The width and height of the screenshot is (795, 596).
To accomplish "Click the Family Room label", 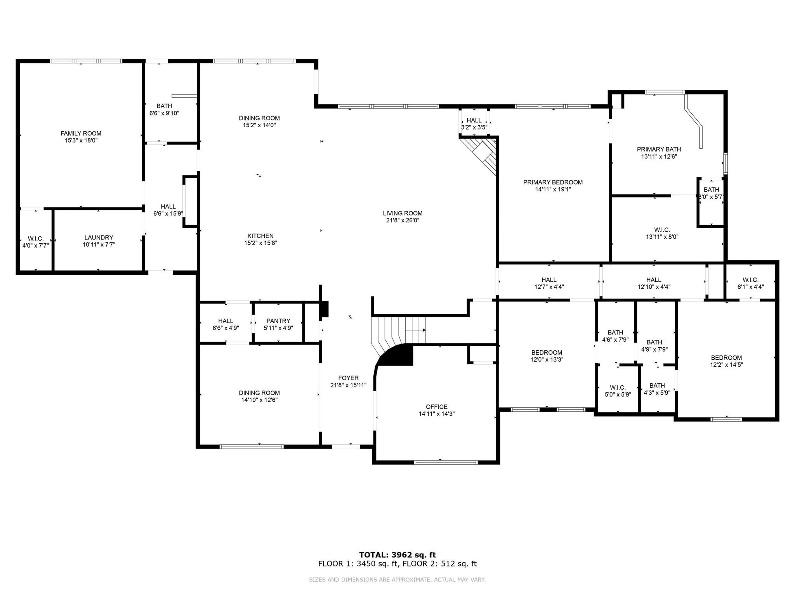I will pos(81,133).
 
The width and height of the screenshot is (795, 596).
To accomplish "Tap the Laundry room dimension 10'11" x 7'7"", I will pos(99,245).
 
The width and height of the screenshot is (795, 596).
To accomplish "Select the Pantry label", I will pos(278,321).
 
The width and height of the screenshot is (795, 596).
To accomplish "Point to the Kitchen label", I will pos(260,236).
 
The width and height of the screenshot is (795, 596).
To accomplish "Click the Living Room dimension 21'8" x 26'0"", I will pos(403,220).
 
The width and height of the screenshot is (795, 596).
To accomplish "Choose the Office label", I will pos(437,407).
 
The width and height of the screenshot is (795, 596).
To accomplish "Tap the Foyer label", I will pos(348,378).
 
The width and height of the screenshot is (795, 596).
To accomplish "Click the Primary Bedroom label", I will pos(553,182).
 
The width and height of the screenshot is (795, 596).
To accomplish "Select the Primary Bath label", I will pos(659,149).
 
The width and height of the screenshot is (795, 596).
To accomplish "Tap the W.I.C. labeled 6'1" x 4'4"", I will pos(750,283).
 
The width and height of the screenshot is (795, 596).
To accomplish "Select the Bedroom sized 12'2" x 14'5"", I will pos(726,361).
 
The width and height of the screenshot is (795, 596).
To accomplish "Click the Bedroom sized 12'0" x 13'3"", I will pos(547,356).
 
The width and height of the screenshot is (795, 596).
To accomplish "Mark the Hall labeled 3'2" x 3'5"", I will pos(474,124).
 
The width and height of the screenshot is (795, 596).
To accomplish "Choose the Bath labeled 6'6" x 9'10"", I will pos(164,109).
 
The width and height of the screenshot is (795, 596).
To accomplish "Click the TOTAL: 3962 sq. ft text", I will pos(397,555).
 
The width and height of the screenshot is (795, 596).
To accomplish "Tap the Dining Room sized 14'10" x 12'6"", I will pos(259,396).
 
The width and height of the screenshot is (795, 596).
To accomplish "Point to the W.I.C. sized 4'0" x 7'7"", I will pos(36,242).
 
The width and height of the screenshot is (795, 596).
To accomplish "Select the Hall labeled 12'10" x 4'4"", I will pos(654,283).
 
